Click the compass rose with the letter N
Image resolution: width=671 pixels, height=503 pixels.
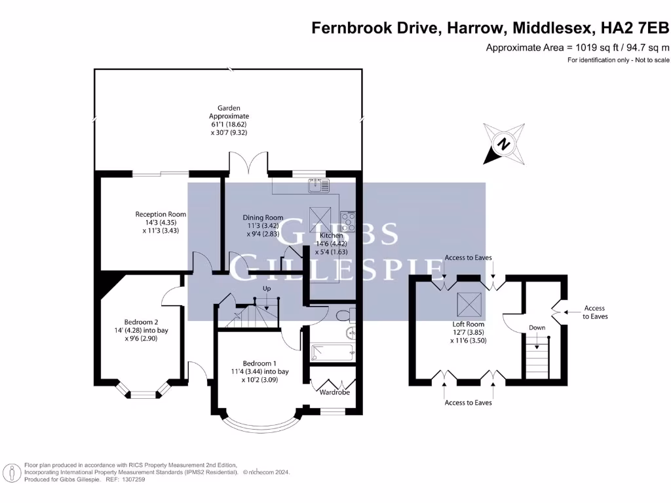pyautogui.click(x=504, y=143)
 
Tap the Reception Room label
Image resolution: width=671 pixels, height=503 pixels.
pyautogui.click(x=161, y=214)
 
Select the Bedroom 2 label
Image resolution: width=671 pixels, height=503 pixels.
pyautogui.click(x=142, y=322)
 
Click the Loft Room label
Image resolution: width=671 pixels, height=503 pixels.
pyautogui.click(x=469, y=324)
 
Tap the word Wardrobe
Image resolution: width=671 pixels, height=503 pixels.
pyautogui.click(x=334, y=393)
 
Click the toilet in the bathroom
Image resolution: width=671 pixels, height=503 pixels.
pyautogui.click(x=343, y=316)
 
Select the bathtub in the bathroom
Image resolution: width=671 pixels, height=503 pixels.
pyautogui.click(x=333, y=354)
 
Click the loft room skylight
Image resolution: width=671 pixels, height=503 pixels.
pyautogui.click(x=470, y=303)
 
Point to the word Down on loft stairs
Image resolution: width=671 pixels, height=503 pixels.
pyautogui.click(x=537, y=327)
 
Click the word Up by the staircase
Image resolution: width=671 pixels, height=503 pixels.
pyautogui.click(x=267, y=288)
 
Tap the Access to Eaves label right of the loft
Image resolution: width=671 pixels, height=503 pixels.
pyautogui.click(x=594, y=312)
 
